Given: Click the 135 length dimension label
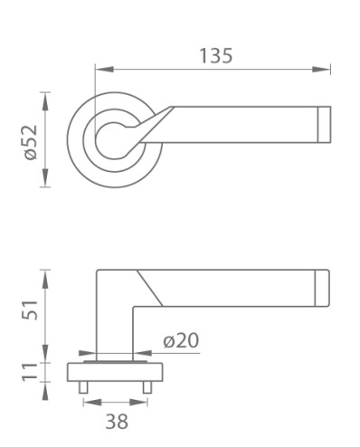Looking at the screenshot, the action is click(216, 56).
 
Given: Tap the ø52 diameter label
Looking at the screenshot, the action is click(31, 142).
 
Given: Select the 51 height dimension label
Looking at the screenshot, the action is click(30, 309).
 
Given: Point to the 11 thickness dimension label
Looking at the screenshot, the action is click(30, 372).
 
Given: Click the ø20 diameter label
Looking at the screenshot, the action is click(181, 340).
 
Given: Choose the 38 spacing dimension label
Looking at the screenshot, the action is click(117, 422).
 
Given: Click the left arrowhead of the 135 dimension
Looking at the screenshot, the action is click(104, 70).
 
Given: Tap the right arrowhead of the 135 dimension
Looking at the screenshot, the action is click(321, 70).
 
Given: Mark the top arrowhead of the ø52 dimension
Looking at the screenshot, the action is click(45, 101).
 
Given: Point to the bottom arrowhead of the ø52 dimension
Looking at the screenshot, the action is click(45, 178).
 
